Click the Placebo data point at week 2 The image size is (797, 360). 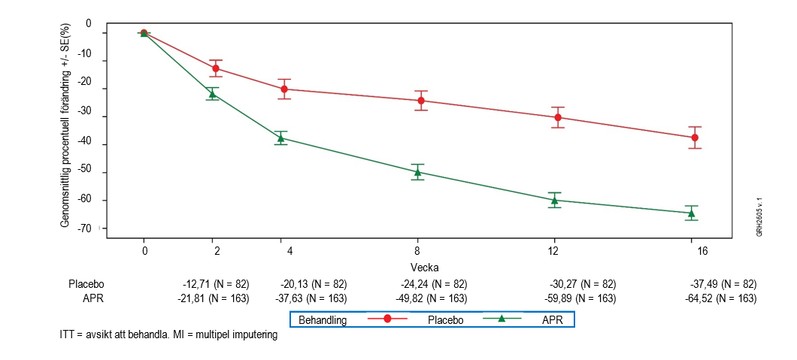coord(216,68)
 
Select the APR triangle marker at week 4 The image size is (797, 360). coord(280,138)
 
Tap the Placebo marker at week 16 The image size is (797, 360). coord(695,138)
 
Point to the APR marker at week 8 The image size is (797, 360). coord(417,172)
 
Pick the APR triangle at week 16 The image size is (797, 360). coord(691,213)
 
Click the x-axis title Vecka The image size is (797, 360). coord(425,268)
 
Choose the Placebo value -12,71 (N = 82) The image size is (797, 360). coord(216,284)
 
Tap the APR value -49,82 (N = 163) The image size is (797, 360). coord(434,298)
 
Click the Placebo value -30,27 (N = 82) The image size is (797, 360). coord(583,284)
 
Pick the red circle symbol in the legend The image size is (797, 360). coord(387,319)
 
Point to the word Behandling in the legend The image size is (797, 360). coord(323,320)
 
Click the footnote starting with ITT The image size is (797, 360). coord(168,334)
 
